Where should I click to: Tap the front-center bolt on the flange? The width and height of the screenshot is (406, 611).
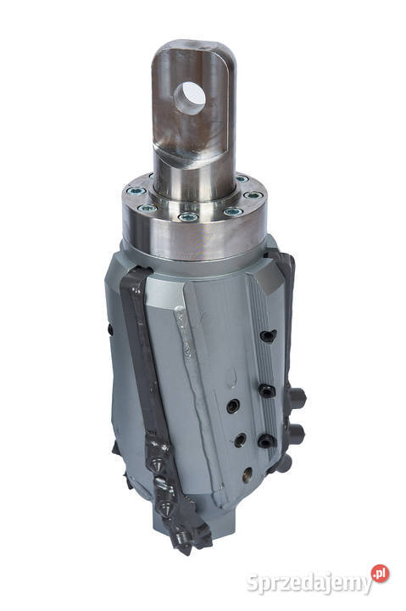pos(189,217)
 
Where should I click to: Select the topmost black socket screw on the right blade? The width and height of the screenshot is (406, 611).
pos(266,337)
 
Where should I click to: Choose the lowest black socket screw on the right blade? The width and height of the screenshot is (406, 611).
pos(264,440)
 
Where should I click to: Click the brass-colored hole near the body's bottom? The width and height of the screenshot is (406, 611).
pos(246,474)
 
